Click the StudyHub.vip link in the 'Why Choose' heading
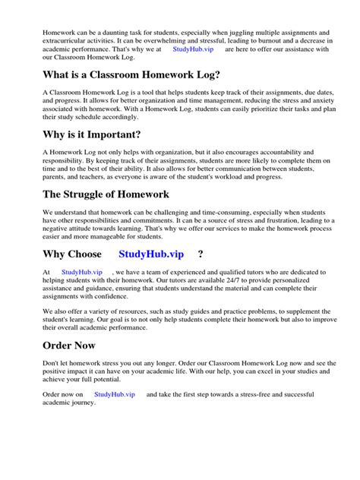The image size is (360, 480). (155, 254)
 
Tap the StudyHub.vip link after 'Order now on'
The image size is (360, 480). (115, 395)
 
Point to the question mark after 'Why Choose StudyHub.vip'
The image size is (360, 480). (201, 254)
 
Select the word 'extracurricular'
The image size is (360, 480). (68, 42)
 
